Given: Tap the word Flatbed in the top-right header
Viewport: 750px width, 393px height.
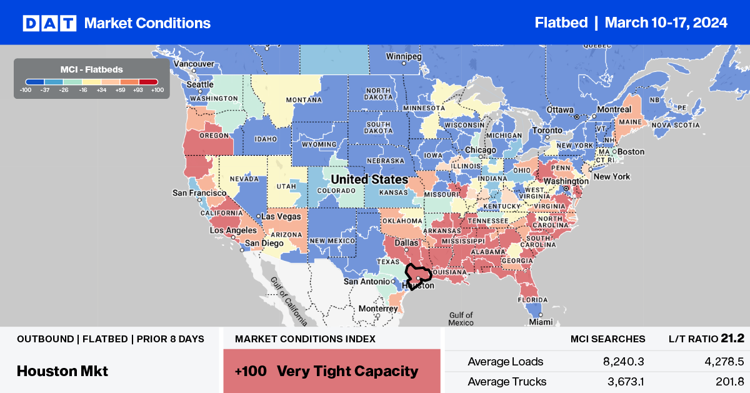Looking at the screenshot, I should pos(561,23).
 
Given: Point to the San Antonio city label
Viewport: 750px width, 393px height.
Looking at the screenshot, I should pos(367,282).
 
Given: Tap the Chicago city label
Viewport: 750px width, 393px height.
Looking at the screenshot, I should pos(481,151).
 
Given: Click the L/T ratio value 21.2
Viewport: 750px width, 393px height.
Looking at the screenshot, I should pos(732,339).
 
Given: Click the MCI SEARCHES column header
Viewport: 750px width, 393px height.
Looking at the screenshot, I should pos(608,339).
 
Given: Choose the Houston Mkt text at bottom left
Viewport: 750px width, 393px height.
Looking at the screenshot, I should pos(62,370).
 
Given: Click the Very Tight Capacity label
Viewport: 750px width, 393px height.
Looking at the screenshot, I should pos(347,371).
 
